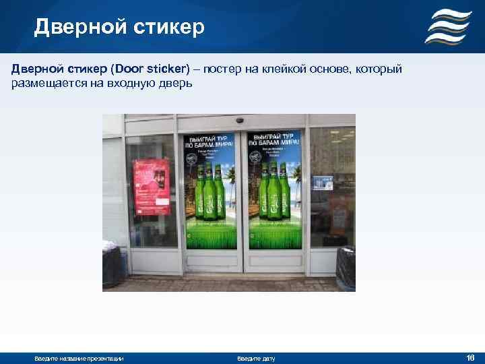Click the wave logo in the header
(447, 27)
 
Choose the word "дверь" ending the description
(174, 84)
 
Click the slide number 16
(470, 357)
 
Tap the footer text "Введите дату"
(256, 358)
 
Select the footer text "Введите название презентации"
(79, 358)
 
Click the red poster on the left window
(151, 186)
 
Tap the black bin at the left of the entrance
(112, 267)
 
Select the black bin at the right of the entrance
(346, 268)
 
